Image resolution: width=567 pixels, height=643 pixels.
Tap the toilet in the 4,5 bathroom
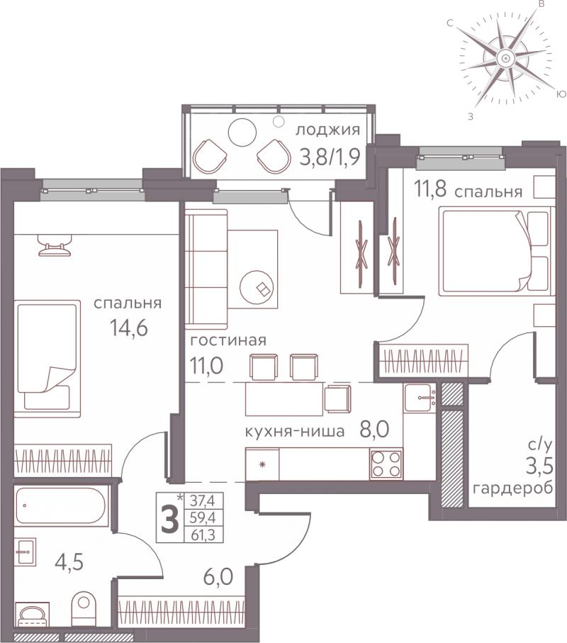84,608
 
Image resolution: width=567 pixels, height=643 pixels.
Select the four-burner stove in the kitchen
386,464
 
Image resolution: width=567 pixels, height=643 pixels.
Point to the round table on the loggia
242,132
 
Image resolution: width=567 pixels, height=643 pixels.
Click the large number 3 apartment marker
169,519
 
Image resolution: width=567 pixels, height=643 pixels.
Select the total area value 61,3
203,535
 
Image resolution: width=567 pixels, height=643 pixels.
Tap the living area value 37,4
203,501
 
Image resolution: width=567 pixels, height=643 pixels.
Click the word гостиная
228,340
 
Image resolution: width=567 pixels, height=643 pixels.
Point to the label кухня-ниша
294,432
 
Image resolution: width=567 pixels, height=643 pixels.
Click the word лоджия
328,130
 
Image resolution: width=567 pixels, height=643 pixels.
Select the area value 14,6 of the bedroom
128,328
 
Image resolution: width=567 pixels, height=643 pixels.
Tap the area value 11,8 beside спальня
430,189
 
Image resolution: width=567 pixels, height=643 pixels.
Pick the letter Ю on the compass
561,95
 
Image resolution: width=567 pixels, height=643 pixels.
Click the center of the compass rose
506,59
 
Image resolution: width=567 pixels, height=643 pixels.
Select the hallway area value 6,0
218,577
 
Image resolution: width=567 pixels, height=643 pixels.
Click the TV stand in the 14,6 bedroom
55,245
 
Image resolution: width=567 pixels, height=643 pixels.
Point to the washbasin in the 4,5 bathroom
25,553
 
